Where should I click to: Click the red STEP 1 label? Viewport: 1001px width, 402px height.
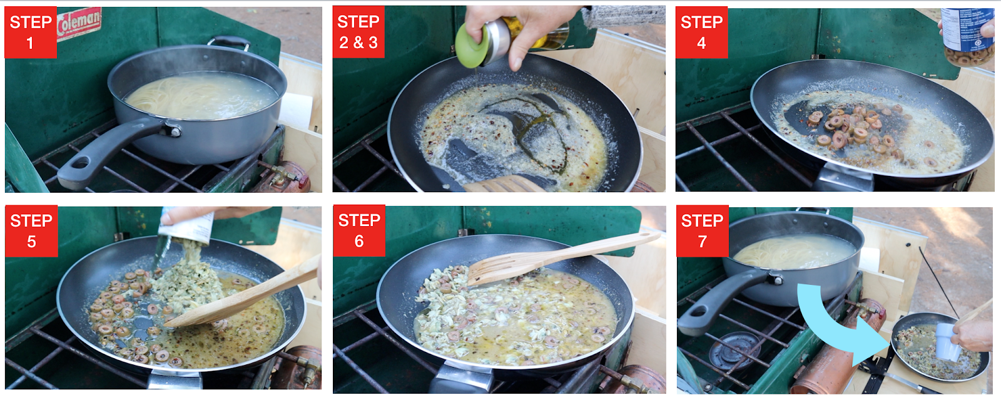point(31,32)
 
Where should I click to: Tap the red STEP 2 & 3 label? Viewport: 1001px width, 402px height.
point(358,32)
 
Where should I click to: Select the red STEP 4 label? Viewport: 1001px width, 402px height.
point(701,32)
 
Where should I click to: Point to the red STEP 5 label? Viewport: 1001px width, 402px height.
point(31,230)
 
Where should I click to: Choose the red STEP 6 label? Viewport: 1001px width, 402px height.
point(359,230)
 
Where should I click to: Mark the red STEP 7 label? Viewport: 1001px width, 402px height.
point(703,230)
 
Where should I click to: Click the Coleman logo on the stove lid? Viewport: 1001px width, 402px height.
point(79,23)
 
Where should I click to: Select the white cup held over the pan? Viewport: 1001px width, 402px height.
point(947,342)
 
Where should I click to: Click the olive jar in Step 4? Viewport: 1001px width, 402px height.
point(969,36)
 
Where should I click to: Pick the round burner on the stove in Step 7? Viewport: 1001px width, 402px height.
point(734,349)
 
